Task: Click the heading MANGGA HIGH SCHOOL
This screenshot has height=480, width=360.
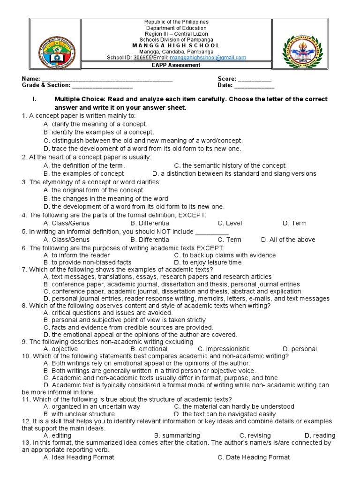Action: (176, 45)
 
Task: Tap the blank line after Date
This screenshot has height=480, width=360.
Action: (254, 86)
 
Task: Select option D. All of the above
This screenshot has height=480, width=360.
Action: (288, 240)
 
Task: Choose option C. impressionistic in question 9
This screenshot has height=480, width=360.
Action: (224, 349)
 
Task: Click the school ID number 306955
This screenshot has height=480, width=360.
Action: (142, 58)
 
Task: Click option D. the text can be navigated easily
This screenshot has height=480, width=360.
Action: (225, 414)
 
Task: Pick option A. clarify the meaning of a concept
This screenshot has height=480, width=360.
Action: (95, 124)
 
